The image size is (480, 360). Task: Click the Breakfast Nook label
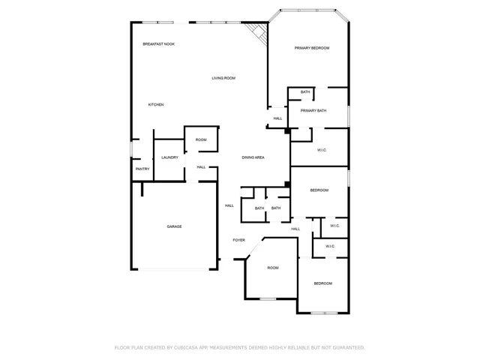point(158,44)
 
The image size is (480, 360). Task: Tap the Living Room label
point(223,78)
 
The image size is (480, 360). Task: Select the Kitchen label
point(155,104)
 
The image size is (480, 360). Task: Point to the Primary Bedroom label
point(311,48)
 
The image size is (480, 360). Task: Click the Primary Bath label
point(313,111)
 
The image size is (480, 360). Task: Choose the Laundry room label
point(169,157)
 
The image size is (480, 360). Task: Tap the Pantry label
point(142,169)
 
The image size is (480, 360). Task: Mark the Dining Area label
point(253,157)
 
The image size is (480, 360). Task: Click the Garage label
point(174,226)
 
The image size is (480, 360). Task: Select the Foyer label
point(238,240)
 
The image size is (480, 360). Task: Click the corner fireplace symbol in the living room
point(258,32)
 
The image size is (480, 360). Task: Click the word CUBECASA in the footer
point(191,348)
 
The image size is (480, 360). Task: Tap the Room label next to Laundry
point(201,139)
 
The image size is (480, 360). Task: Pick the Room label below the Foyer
point(273,268)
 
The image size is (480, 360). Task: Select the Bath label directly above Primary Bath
point(305,92)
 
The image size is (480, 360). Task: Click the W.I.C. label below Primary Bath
point(322,150)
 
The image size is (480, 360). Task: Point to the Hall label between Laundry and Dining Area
point(201,166)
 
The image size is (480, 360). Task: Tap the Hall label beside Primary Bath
point(277,118)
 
